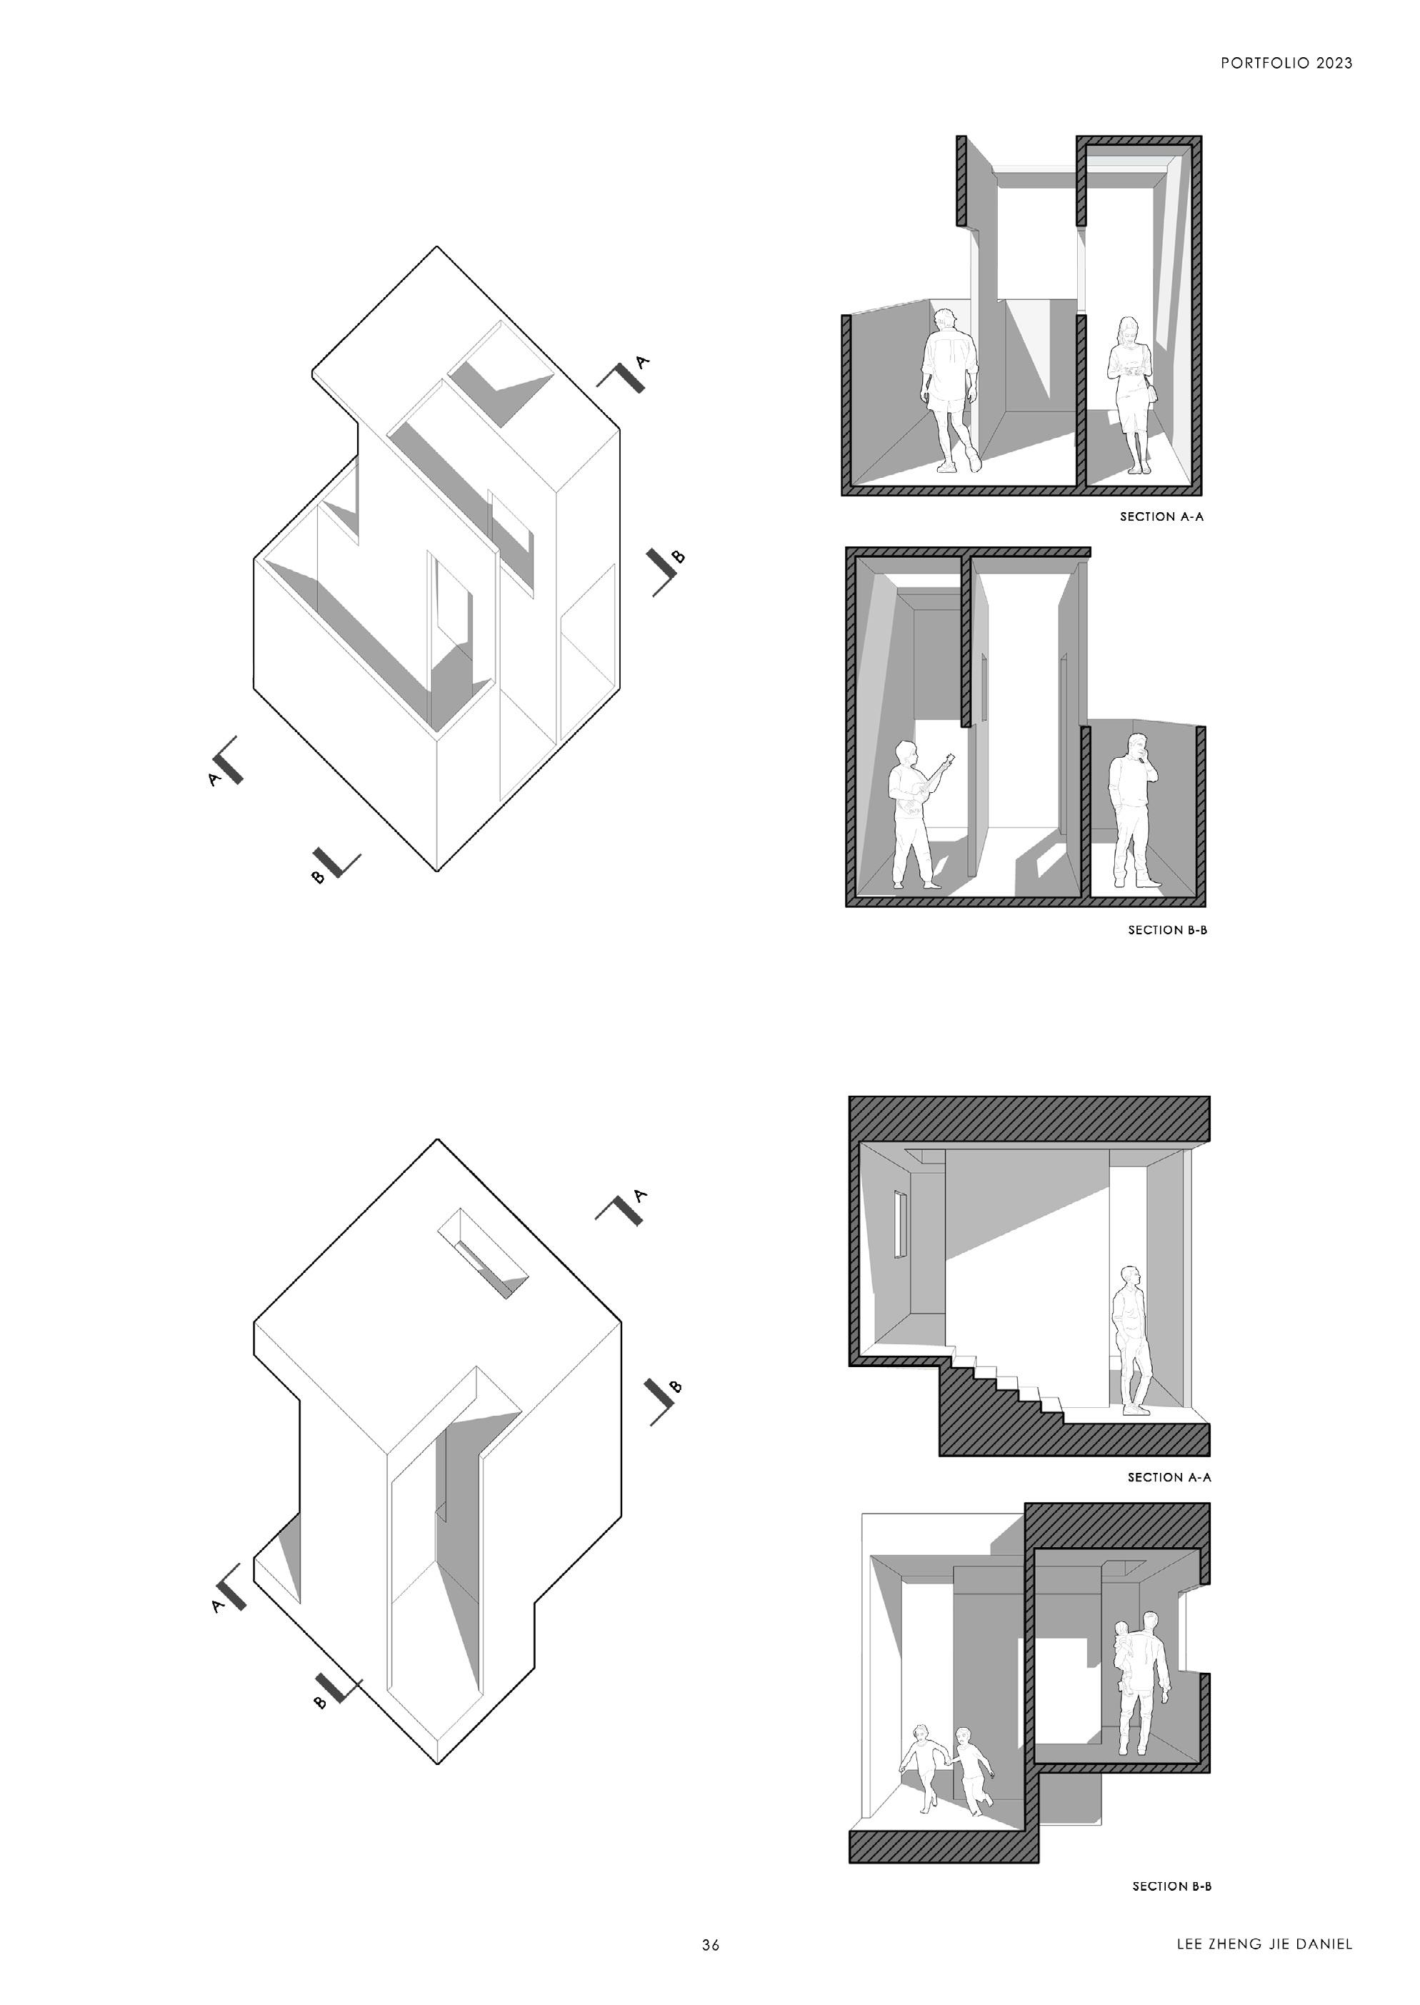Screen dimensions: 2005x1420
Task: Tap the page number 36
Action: pos(710,1946)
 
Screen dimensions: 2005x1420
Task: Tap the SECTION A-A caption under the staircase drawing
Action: pos(1169,1478)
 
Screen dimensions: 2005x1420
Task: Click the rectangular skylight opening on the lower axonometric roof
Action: pos(483,1254)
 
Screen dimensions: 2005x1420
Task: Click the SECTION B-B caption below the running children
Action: pos(1171,1887)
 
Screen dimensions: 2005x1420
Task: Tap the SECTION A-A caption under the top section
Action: pos(1161,516)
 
